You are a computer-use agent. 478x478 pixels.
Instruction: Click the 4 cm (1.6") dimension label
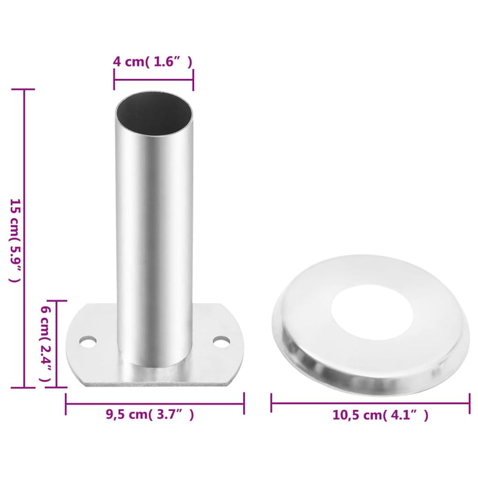coord(153,61)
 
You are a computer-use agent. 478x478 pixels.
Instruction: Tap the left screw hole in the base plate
coord(88,342)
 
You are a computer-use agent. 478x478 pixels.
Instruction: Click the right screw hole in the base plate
coord(222,342)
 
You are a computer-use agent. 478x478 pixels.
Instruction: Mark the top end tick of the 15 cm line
coord(24,90)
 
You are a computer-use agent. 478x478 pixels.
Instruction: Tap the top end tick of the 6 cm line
coord(57,301)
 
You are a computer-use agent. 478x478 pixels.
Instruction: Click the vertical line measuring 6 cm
coord(57,344)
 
